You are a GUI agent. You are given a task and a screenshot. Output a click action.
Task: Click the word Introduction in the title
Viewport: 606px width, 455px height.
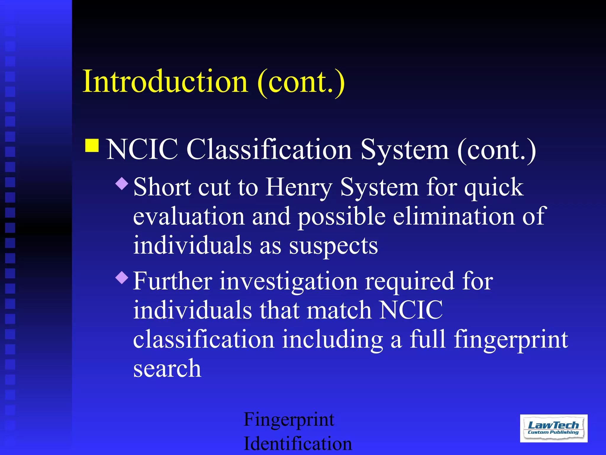[x=165, y=81]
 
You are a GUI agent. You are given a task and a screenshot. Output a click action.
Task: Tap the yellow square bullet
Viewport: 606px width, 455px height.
[x=92, y=145]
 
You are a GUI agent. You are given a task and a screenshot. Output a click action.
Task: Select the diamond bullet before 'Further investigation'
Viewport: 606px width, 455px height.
[x=122, y=278]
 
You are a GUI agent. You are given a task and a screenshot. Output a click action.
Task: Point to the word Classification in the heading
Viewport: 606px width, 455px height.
[x=269, y=149]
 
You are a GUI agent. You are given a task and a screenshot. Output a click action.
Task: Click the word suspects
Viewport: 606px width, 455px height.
[x=333, y=246]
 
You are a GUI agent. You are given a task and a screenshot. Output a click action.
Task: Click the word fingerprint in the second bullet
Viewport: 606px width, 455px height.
[x=511, y=339]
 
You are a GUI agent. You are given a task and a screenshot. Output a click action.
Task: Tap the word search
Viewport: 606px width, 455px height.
[x=167, y=369]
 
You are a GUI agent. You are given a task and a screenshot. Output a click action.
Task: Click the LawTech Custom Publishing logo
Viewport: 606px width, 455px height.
[x=553, y=428]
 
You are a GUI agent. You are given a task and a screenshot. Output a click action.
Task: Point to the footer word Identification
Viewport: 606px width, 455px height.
[x=297, y=443]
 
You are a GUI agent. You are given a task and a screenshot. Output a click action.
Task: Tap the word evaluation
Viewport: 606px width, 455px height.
[x=188, y=216]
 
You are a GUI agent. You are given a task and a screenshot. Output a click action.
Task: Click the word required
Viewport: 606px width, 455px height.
[x=410, y=281]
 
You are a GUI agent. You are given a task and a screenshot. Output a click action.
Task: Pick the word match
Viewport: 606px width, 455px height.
[x=339, y=310]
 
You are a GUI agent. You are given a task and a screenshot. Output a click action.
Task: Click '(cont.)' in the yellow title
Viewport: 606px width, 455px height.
[x=301, y=81]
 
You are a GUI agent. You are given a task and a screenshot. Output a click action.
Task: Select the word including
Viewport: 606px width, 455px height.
[x=332, y=339]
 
